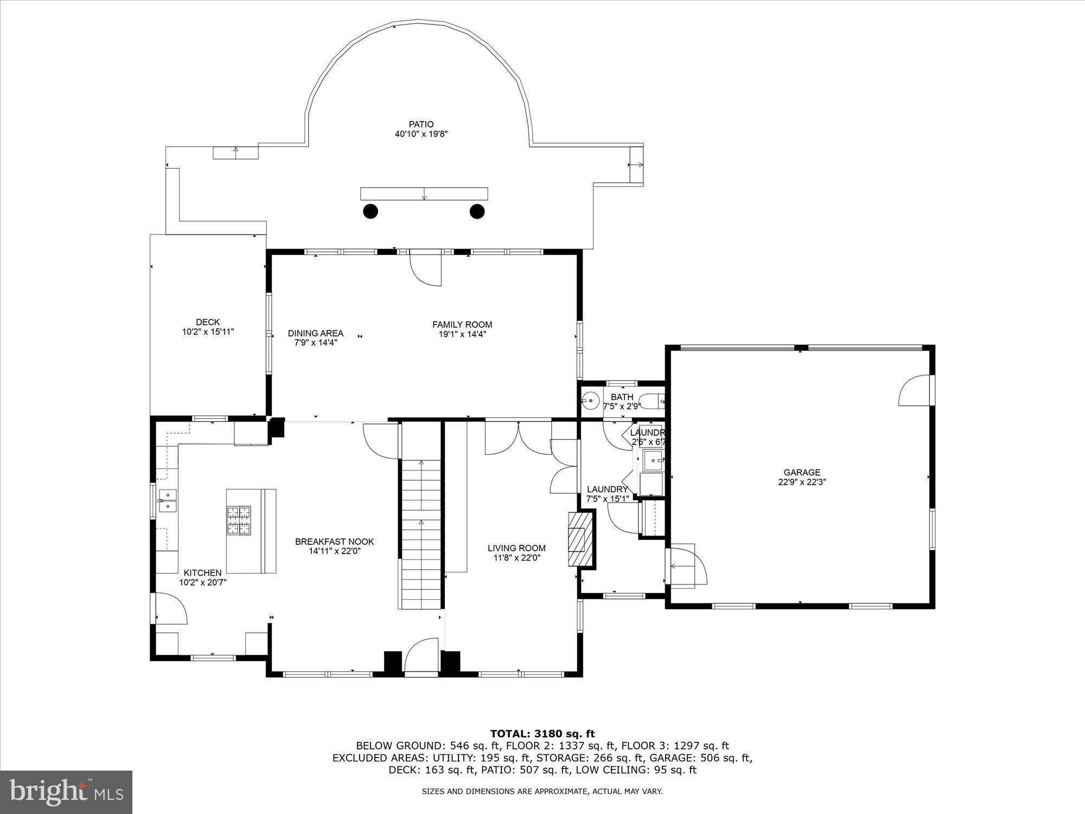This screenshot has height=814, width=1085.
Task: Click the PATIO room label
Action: [421, 125]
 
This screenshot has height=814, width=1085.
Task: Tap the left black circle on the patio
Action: [371, 211]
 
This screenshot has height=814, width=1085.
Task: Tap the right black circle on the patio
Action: [477, 211]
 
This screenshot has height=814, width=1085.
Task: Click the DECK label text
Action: [208, 322]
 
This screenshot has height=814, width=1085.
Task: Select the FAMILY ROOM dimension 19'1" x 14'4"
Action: [462, 334]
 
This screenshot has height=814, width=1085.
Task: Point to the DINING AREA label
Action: [316, 333]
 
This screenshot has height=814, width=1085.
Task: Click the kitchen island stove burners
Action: [239, 520]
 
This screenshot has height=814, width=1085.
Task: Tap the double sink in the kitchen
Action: [168, 500]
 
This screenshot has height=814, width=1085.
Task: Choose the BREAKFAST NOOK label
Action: [334, 542]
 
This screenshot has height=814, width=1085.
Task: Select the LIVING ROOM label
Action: [516, 548]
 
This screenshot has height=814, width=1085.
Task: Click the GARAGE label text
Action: [801, 473]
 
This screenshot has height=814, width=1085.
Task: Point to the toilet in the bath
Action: [653, 402]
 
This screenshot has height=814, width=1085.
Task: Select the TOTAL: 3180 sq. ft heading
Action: [542, 734]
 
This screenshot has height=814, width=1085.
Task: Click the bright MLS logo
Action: [66, 792]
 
